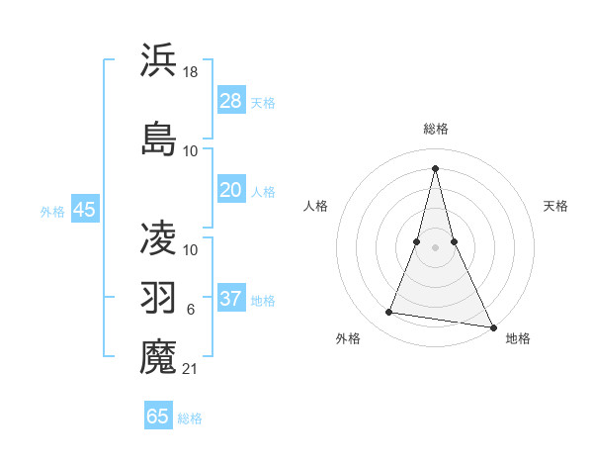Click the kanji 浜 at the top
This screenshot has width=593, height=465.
tap(159, 60)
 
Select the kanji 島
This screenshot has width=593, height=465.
tap(159, 138)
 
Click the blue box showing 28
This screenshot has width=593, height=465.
tap(231, 101)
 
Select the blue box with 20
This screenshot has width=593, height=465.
tap(231, 190)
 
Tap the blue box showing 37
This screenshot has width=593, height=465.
tap(231, 299)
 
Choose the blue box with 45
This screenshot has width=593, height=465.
tap(84, 210)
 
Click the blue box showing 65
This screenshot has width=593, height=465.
tap(158, 417)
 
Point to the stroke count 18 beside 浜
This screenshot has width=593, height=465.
tap(191, 72)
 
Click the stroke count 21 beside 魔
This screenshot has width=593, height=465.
tap(191, 370)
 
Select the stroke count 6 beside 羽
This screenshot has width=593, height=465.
tap(191, 310)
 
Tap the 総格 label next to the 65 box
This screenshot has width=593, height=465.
tap(190, 418)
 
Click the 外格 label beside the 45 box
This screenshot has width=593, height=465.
tap(52, 211)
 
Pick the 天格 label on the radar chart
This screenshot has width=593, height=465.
tap(555, 206)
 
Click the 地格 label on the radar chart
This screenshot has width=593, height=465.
tap(518, 338)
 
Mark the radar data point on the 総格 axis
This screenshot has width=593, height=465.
tap(435, 167)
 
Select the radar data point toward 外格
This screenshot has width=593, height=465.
tap(389, 313)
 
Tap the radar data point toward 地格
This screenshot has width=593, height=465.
tap(493, 326)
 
